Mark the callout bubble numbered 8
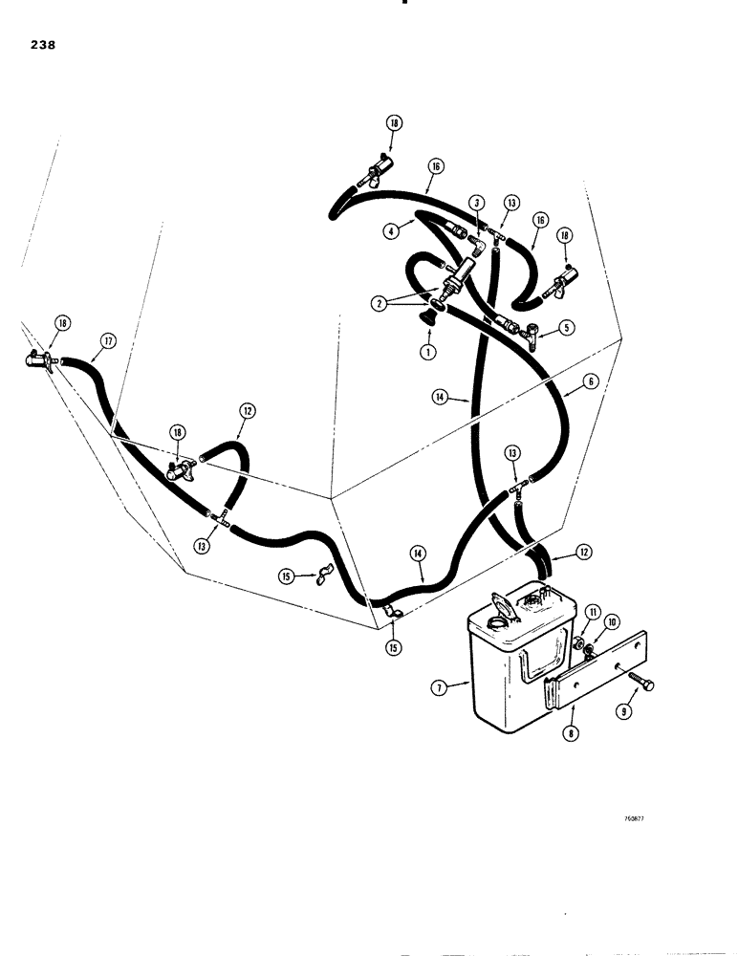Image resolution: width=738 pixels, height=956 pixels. coord(571,734)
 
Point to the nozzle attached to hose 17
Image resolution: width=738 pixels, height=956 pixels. coord(40,361)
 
